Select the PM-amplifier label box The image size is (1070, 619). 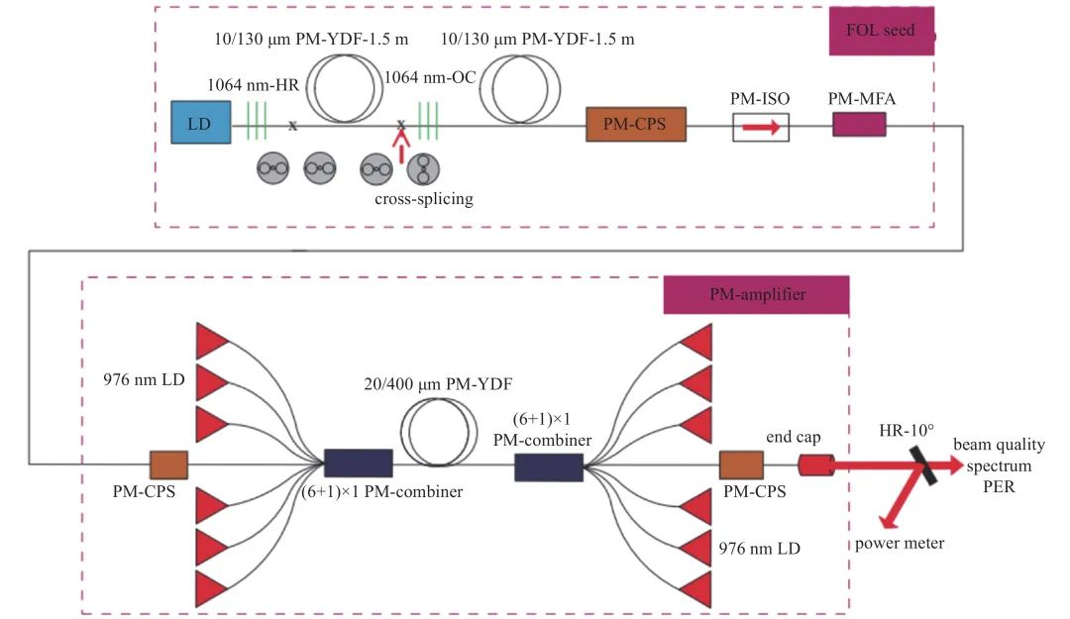(756, 294)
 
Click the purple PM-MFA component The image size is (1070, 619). (858, 124)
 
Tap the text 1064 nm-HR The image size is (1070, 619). (247, 85)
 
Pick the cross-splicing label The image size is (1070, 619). (424, 198)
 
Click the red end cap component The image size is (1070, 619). (816, 464)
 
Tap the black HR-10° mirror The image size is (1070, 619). (920, 463)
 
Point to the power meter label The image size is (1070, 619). (900, 543)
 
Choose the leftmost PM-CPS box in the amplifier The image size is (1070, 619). (168, 464)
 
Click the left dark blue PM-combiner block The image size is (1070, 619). (359, 464)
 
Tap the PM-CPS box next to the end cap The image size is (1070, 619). (741, 464)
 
